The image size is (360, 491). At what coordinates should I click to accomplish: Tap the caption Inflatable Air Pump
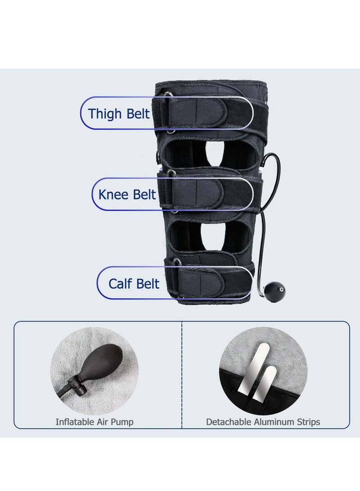[x=94, y=422]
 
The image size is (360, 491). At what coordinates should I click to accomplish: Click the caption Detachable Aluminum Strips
[x=263, y=422]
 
